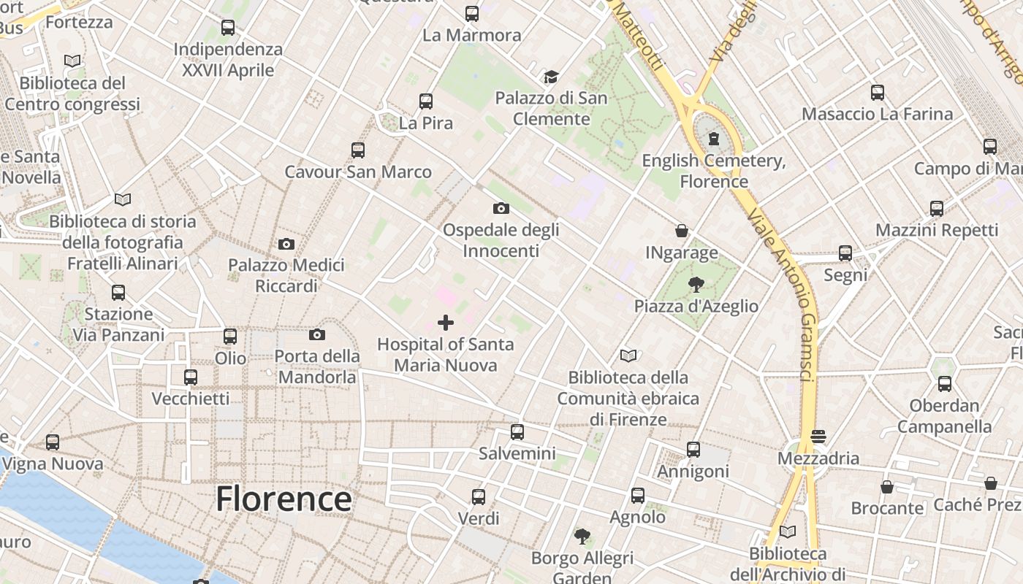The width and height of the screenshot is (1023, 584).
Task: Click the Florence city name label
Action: [284, 499]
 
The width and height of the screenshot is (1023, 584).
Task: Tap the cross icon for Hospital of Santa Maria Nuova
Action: [446, 323]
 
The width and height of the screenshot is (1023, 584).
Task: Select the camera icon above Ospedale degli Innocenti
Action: [501, 209]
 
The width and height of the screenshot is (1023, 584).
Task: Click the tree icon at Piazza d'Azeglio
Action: [696, 285]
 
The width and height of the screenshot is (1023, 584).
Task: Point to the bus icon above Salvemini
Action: [517, 432]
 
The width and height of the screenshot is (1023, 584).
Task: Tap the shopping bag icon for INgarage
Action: [682, 231]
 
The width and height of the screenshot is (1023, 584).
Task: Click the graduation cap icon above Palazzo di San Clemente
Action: [551, 77]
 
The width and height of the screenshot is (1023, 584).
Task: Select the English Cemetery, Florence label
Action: [714, 171]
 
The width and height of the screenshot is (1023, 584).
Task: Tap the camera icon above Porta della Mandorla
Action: [316, 335]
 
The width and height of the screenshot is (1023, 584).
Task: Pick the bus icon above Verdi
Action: [479, 497]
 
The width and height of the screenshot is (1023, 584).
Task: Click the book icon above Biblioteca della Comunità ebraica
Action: [628, 356]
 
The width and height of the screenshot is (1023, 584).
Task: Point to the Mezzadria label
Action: [818, 458]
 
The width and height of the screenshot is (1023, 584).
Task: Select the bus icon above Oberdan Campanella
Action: [945, 384]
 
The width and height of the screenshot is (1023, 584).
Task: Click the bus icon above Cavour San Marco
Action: [358, 150]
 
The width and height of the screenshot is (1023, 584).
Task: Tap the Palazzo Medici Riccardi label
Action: [286, 275]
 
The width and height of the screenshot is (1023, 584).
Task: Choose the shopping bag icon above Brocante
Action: [887, 487]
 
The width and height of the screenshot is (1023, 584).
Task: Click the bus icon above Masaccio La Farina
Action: [878, 93]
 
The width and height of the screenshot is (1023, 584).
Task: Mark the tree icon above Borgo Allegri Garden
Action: [582, 537]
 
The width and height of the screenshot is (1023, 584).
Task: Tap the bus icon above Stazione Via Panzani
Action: [118, 293]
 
